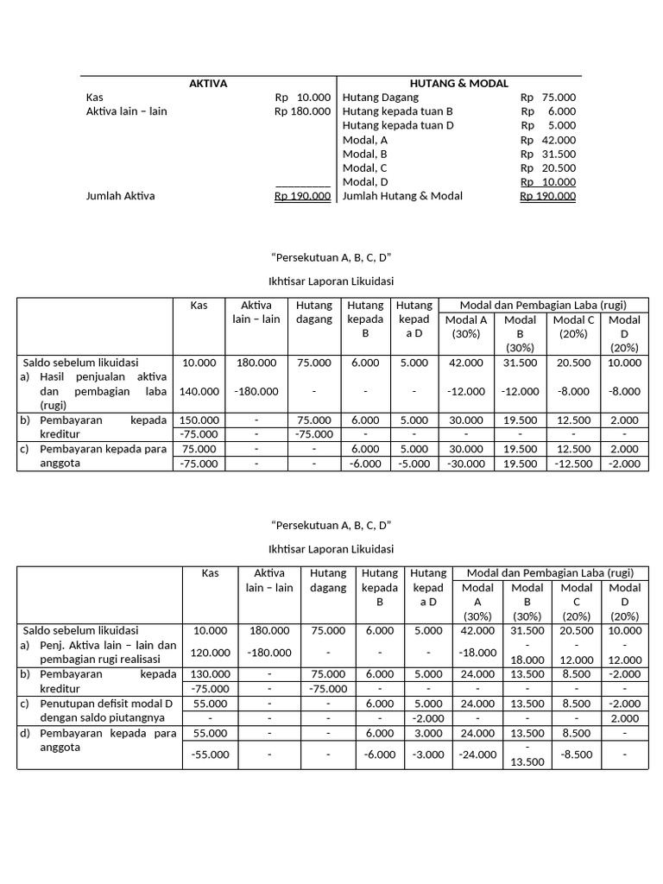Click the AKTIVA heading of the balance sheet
208,84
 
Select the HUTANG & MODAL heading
459,84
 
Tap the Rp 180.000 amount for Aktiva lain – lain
302,111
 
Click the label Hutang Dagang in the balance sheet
381,98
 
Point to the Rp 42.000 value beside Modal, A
548,140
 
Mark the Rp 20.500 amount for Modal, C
548,167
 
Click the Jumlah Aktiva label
120,196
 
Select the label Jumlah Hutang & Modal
402,196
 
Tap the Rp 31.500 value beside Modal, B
548,154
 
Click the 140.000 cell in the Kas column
199,391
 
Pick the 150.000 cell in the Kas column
199,420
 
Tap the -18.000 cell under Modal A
477,653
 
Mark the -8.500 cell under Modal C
577,754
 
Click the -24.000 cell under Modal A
477,754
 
